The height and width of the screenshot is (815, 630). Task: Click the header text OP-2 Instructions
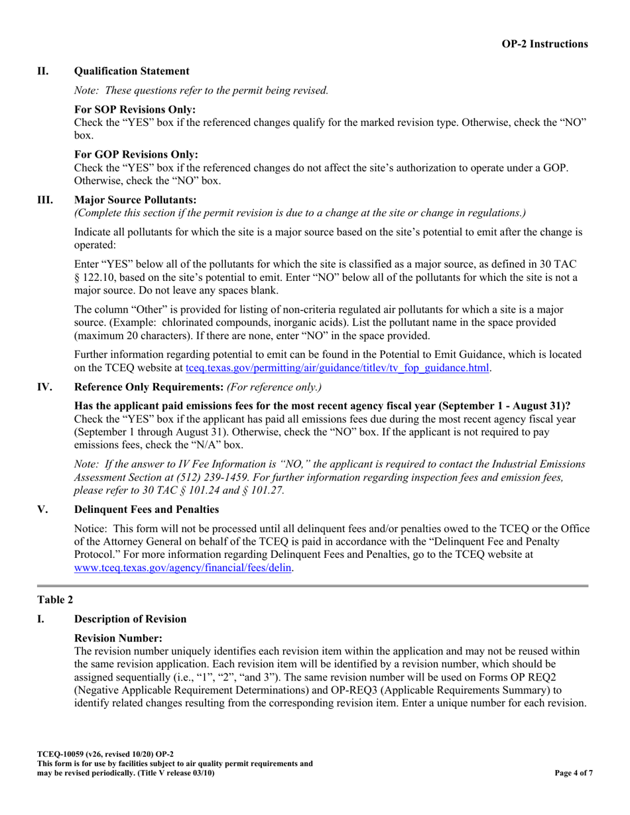(x=544, y=44)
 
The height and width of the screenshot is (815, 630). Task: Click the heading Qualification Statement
(x=131, y=71)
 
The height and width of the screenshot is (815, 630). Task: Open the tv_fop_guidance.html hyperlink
(x=338, y=368)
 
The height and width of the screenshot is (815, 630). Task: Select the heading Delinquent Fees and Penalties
(x=147, y=510)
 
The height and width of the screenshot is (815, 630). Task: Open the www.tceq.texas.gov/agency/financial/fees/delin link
(x=183, y=568)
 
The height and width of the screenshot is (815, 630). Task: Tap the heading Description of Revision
(x=130, y=619)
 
